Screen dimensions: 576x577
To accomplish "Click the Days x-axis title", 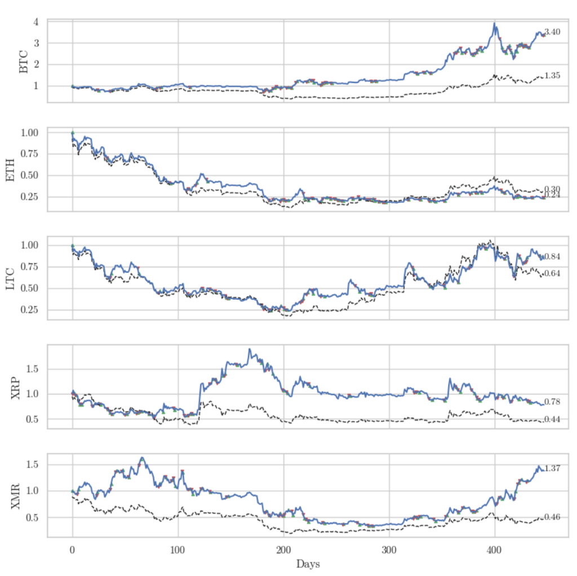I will click(x=308, y=564).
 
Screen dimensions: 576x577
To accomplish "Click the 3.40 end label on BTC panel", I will click(x=552, y=33).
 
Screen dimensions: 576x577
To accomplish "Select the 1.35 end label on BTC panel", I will click(x=552, y=76).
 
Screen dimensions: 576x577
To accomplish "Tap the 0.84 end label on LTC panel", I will click(x=552, y=257).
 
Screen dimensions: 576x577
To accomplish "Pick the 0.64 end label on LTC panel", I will click(x=552, y=274).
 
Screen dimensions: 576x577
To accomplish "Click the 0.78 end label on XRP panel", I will click(x=552, y=402).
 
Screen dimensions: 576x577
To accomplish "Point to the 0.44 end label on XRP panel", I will click(x=552, y=419).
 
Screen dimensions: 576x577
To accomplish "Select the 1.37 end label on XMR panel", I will click(x=552, y=468).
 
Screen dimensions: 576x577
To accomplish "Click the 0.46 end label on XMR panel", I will click(x=552, y=517).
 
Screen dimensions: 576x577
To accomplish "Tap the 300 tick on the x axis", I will click(x=389, y=550).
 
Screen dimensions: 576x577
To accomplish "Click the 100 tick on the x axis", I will click(x=177, y=550).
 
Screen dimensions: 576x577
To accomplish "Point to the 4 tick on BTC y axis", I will click(x=35, y=22).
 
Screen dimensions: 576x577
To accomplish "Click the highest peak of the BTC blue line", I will click(x=495, y=24).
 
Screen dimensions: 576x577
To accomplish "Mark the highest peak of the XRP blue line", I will click(x=249, y=349).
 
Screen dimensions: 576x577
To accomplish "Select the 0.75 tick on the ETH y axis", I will click(x=28, y=154).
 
